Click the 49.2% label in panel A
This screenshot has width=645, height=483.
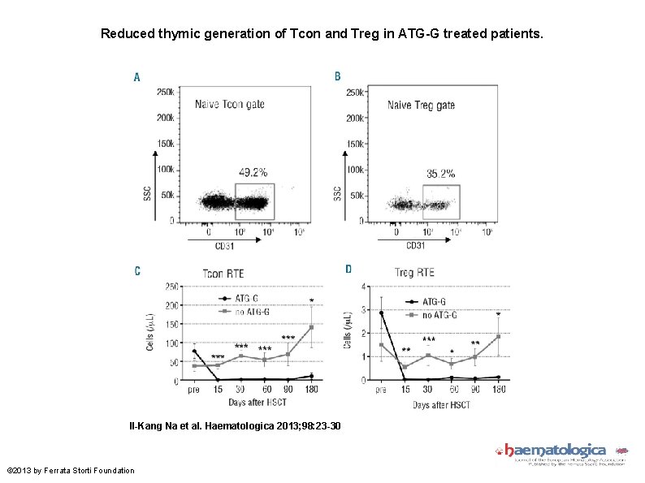(x=253, y=172)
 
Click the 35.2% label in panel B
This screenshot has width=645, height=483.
(x=440, y=173)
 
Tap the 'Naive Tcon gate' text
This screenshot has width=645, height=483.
(x=229, y=105)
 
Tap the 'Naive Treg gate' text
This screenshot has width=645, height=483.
(x=421, y=106)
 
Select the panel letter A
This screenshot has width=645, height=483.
(x=136, y=77)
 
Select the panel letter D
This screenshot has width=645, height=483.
(x=348, y=269)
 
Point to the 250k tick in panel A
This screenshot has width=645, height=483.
(x=165, y=92)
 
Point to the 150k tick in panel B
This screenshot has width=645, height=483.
(x=355, y=144)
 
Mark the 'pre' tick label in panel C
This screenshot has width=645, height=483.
(x=193, y=390)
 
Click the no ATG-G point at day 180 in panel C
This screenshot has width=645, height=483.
(x=311, y=327)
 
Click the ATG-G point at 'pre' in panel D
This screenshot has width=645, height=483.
(x=381, y=313)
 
